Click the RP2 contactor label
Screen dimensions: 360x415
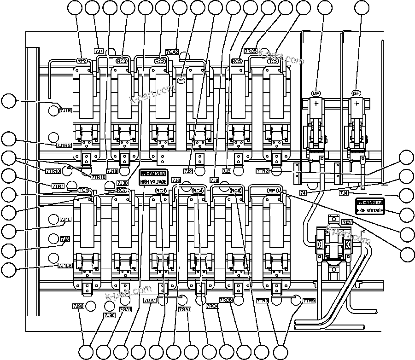pos(82,61)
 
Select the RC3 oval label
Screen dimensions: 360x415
pos(122,61)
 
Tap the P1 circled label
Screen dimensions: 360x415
pos(181,81)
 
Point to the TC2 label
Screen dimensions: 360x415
pos(273,61)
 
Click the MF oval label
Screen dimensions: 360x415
pos(316,93)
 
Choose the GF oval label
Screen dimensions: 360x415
pos(356,93)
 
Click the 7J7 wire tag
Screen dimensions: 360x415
pos(99,51)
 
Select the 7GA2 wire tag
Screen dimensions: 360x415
pos(172,52)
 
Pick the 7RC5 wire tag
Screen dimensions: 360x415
pos(251,51)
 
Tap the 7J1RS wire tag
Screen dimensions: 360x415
pos(64,145)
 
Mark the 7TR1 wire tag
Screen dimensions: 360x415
pos(58,186)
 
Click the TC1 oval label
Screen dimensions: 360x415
pos(83,190)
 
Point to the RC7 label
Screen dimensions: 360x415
pos(122,190)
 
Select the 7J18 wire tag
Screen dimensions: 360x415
pos(112,171)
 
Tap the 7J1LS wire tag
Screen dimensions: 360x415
pos(65,265)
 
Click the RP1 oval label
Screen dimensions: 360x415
pos(273,190)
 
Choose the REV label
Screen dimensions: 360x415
pos(347,222)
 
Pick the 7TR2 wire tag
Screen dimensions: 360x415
pos(263,171)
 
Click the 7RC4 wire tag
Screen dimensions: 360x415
pos(212,306)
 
